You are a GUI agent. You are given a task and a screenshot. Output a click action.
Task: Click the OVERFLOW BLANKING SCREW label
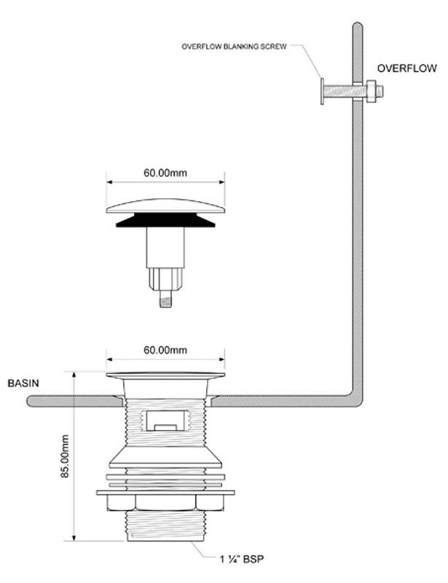click(x=234, y=47)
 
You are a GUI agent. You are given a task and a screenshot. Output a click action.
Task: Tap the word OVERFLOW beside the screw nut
click(x=406, y=69)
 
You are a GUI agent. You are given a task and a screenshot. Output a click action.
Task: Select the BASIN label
click(x=23, y=383)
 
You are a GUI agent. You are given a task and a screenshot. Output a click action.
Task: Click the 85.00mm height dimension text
click(x=65, y=456)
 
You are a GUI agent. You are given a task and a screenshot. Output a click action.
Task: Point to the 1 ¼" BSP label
click(x=242, y=559)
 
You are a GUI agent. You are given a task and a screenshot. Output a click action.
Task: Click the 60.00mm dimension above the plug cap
click(x=165, y=173)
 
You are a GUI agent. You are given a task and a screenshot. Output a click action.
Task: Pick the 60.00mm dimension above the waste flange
click(x=165, y=351)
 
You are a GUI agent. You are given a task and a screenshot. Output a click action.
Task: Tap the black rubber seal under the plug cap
click(x=165, y=220)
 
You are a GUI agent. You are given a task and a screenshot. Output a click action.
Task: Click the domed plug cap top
click(x=165, y=206)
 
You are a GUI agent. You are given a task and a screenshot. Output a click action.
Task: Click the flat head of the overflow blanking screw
click(x=322, y=92)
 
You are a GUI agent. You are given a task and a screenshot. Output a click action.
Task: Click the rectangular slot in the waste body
click(x=165, y=420)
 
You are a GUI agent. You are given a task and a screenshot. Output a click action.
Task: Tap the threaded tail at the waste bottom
click(x=165, y=525)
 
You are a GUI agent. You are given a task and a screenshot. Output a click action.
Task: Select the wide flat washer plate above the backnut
click(x=165, y=493)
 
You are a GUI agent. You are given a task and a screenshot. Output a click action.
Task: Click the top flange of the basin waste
click(x=165, y=375)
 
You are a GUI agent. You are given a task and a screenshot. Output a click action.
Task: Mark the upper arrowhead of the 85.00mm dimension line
click(x=74, y=374)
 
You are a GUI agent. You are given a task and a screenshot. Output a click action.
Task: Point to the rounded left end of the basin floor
click(x=30, y=402)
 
